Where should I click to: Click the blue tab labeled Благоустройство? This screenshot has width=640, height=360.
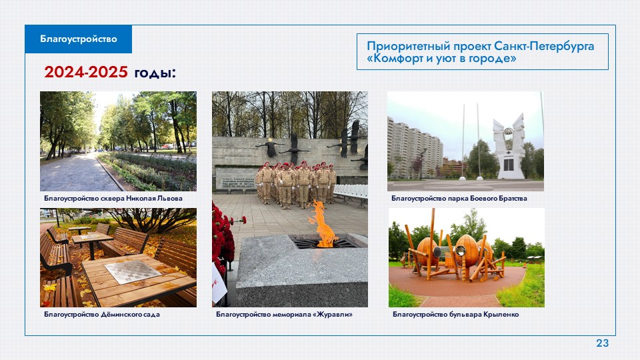click(79, 39)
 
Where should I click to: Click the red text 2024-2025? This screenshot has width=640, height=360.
click(86, 72)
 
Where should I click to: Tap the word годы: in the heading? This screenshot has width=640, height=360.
click(155, 73)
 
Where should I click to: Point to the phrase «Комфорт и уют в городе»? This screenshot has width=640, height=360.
click(441, 59)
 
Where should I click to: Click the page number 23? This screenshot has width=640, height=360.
click(603, 343)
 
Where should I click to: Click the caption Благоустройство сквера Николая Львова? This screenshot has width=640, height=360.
click(113, 199)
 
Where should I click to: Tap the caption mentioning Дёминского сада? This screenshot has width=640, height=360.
click(101, 314)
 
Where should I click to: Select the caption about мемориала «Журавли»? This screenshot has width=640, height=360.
click(284, 314)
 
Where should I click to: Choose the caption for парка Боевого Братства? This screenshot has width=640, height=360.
click(459, 199)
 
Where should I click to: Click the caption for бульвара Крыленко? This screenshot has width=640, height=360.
click(455, 314)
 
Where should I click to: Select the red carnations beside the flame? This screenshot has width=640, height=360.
click(223, 237)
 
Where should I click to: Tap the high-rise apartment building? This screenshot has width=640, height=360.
click(414, 149)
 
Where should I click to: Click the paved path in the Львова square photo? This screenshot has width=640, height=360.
click(77, 173)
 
